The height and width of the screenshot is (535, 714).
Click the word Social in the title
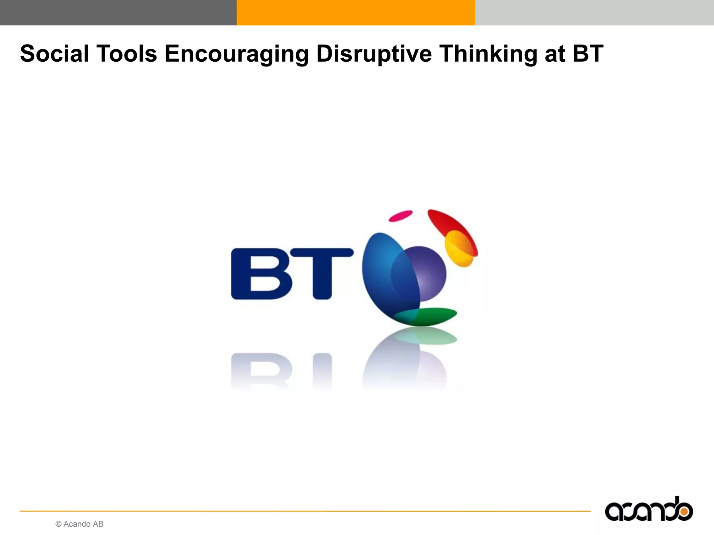click(54, 54)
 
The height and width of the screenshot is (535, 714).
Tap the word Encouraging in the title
click(237, 54)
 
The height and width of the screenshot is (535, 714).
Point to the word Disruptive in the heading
click(374, 54)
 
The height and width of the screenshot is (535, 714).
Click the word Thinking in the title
click(488, 54)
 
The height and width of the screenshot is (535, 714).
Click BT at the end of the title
click(588, 54)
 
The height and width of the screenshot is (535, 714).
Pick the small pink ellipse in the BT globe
click(401, 216)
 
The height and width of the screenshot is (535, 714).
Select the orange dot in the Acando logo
click(684, 512)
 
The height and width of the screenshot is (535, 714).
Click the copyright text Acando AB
click(79, 524)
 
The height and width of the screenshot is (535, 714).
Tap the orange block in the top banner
click(356, 13)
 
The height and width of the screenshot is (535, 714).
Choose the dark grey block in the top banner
click(118, 13)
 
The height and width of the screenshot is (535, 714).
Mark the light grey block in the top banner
click(594, 13)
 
